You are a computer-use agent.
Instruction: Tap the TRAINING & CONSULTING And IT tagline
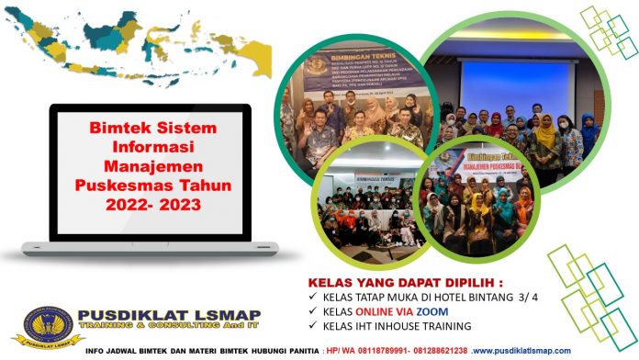tap(179, 329)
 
